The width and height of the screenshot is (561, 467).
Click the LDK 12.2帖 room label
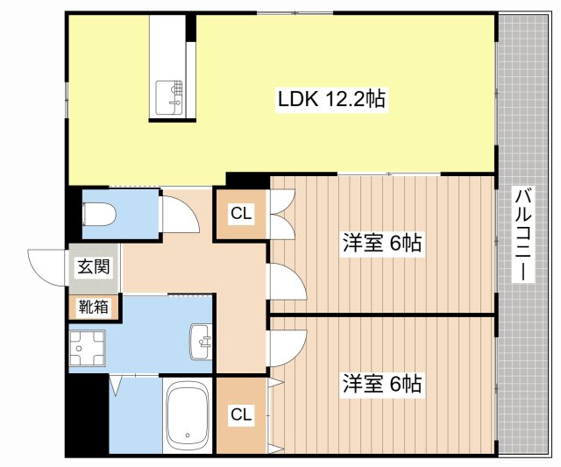[x=332, y=100]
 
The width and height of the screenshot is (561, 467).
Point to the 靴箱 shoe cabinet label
[x=94, y=307]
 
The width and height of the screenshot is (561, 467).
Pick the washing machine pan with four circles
[x=89, y=349]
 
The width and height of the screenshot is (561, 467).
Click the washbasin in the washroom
[x=201, y=341]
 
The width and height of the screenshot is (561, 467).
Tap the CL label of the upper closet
[x=242, y=213]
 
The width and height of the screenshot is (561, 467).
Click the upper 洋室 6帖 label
[x=381, y=243]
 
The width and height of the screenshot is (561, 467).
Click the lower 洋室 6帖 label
[x=381, y=384]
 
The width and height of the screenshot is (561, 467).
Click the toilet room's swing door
[x=174, y=212]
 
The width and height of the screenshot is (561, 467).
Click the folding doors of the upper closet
[x=281, y=216]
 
